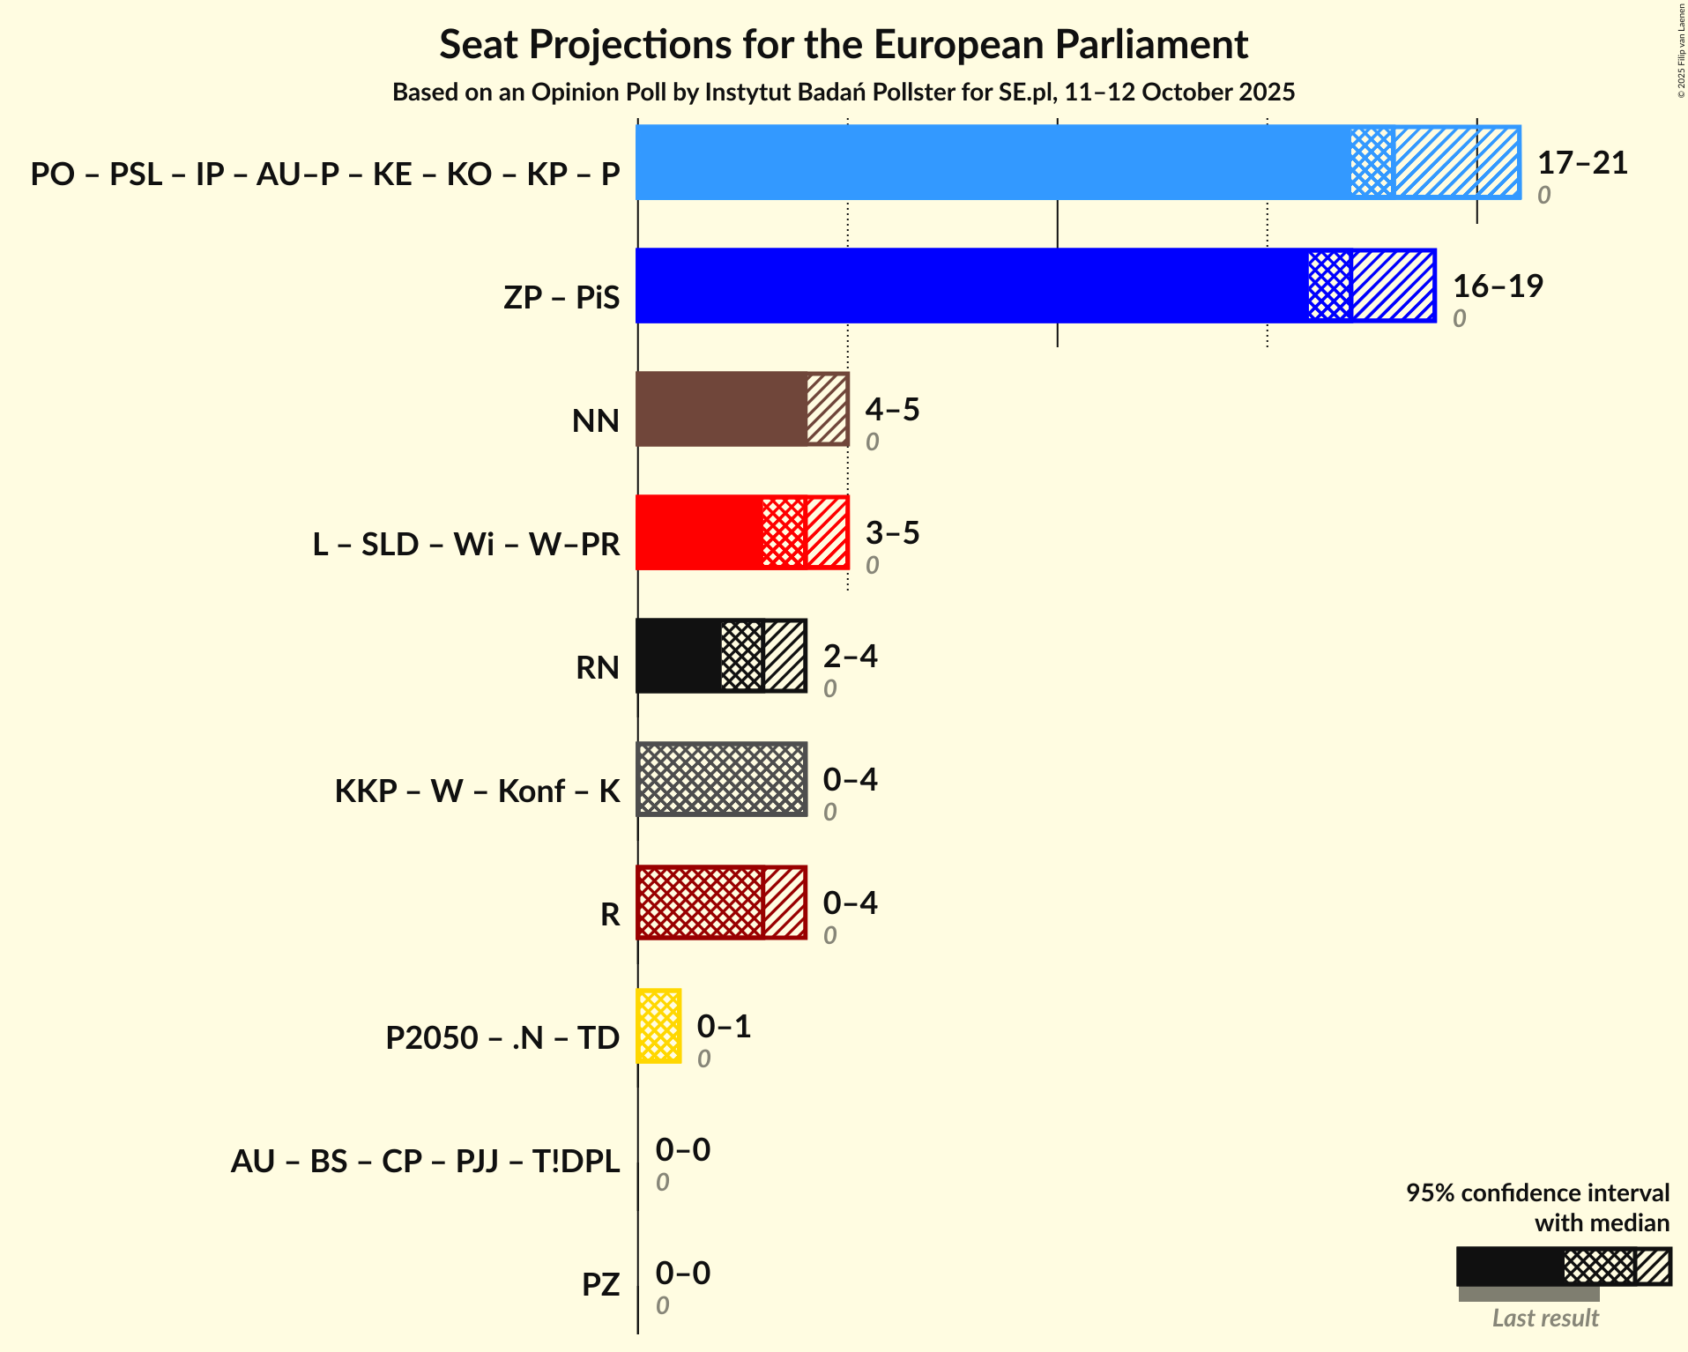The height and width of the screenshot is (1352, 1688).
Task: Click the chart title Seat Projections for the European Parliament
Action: pyautogui.click(x=844, y=45)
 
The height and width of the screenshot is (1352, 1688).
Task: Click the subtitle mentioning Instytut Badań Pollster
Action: pyautogui.click(x=844, y=93)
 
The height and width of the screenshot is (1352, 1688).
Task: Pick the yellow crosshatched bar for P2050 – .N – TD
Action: pyautogui.click(x=658, y=1026)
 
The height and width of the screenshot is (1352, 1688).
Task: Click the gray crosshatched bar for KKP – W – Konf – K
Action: pyautogui.click(x=721, y=779)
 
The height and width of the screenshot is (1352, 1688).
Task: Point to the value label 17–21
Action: pyautogui.click(x=1582, y=163)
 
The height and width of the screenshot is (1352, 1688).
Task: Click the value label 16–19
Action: pyautogui.click(x=1498, y=286)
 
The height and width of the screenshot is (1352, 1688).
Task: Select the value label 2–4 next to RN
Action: pyautogui.click(x=850, y=657)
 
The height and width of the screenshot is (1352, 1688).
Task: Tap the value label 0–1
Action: pyautogui.click(x=724, y=1027)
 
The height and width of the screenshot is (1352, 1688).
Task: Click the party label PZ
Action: pyautogui.click(x=600, y=1284)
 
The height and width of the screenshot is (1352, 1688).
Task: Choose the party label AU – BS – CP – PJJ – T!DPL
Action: pyautogui.click(x=425, y=1161)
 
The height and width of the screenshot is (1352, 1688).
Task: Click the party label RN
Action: pyautogui.click(x=598, y=667)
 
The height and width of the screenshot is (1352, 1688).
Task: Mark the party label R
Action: pyautogui.click(x=610, y=914)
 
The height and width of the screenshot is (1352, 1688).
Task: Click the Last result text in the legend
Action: pyautogui.click(x=1545, y=1319)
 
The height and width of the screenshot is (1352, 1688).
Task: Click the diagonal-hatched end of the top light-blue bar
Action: pyautogui.click(x=1456, y=162)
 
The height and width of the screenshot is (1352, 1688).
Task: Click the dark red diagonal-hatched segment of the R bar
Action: pyautogui.click(x=785, y=903)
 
